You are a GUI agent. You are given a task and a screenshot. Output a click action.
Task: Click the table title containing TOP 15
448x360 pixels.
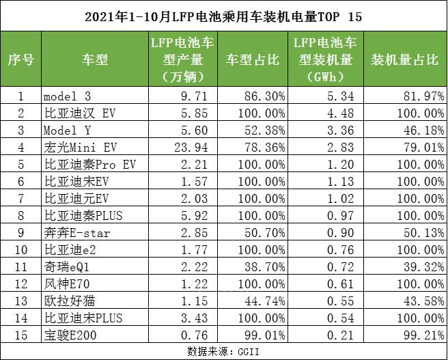tap(223, 15)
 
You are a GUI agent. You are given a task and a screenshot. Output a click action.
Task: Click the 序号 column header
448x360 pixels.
tap(20, 59)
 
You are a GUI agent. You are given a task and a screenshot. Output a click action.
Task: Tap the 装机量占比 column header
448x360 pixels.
tap(404, 59)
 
